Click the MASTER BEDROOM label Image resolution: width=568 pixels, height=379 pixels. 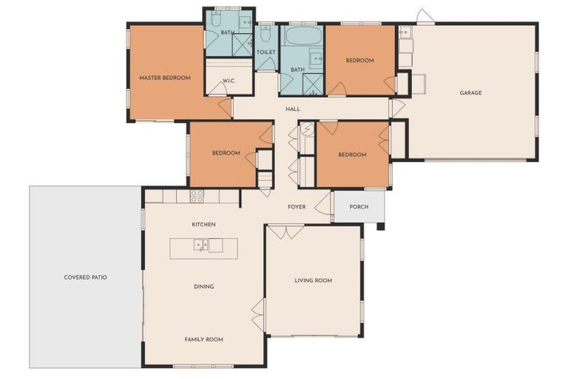click(x=165, y=78)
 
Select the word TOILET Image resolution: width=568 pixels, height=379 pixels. click(x=266, y=52)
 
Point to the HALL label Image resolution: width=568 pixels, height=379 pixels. click(x=292, y=110)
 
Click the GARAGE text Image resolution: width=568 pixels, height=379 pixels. click(x=470, y=93)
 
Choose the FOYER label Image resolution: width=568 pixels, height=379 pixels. click(x=297, y=207)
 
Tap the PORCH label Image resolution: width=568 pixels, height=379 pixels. click(x=359, y=207)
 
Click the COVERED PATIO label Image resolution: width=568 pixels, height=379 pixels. click(x=85, y=278)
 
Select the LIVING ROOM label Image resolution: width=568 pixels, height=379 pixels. click(x=313, y=281)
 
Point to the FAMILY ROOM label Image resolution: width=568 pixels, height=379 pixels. click(x=203, y=339)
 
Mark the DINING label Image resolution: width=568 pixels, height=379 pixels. click(x=203, y=286)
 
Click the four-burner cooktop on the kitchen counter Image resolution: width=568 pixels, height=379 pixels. click(x=197, y=196)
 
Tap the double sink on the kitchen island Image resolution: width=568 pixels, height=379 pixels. click(x=200, y=245)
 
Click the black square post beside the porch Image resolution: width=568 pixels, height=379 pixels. click(x=380, y=227)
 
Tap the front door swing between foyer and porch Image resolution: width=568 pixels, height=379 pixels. click(x=324, y=205)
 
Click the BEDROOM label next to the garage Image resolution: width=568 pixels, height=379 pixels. click(x=359, y=61)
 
